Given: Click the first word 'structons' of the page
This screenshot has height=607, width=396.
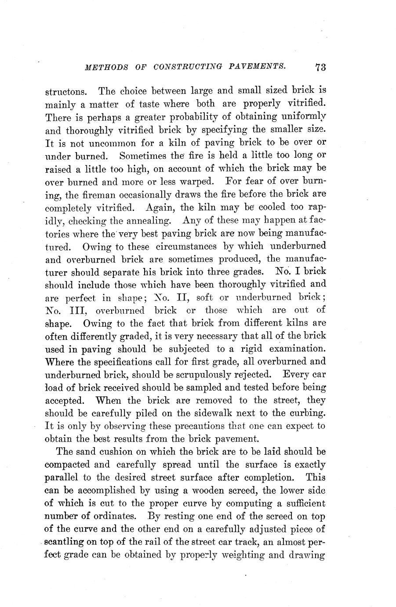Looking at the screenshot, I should click(66, 93).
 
